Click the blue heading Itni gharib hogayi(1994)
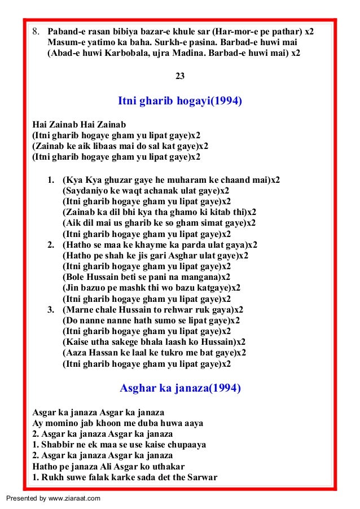click(180, 102)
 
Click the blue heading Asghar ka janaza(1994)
click(180, 388)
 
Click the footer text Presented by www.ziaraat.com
click(54, 498)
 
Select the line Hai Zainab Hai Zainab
click(79, 124)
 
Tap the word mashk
click(130, 288)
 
